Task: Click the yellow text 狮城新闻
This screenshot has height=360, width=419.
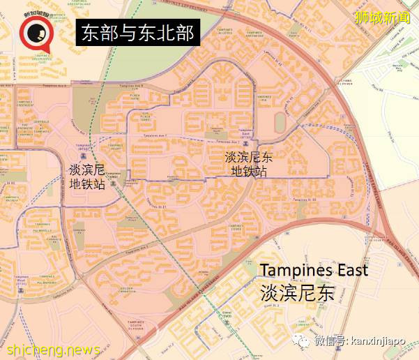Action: pyautogui.click(x=384, y=17)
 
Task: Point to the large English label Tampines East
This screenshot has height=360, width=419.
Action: pyautogui.click(x=313, y=271)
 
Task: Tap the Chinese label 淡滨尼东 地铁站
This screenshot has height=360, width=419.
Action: pyautogui.click(x=249, y=165)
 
